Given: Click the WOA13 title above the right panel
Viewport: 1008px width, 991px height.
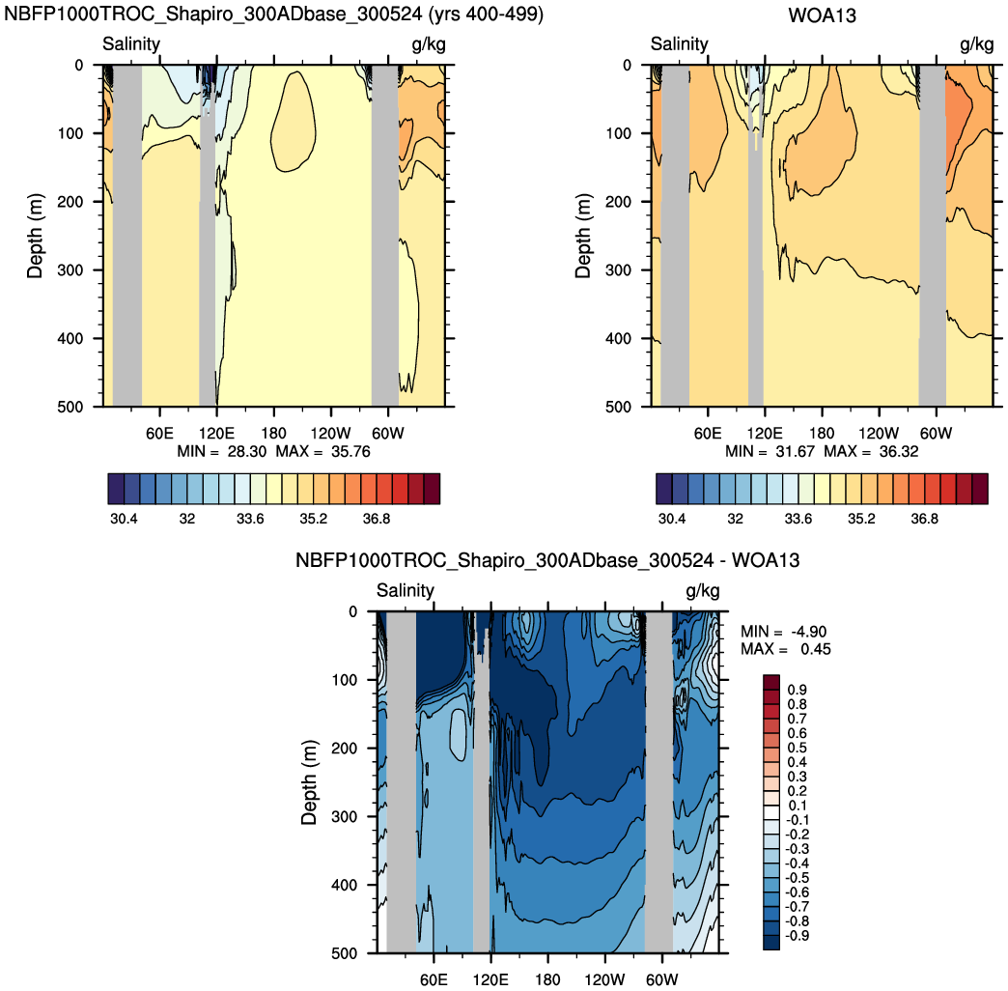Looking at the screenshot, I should point(822,15).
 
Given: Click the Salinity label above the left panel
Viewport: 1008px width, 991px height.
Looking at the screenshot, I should point(131,44).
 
